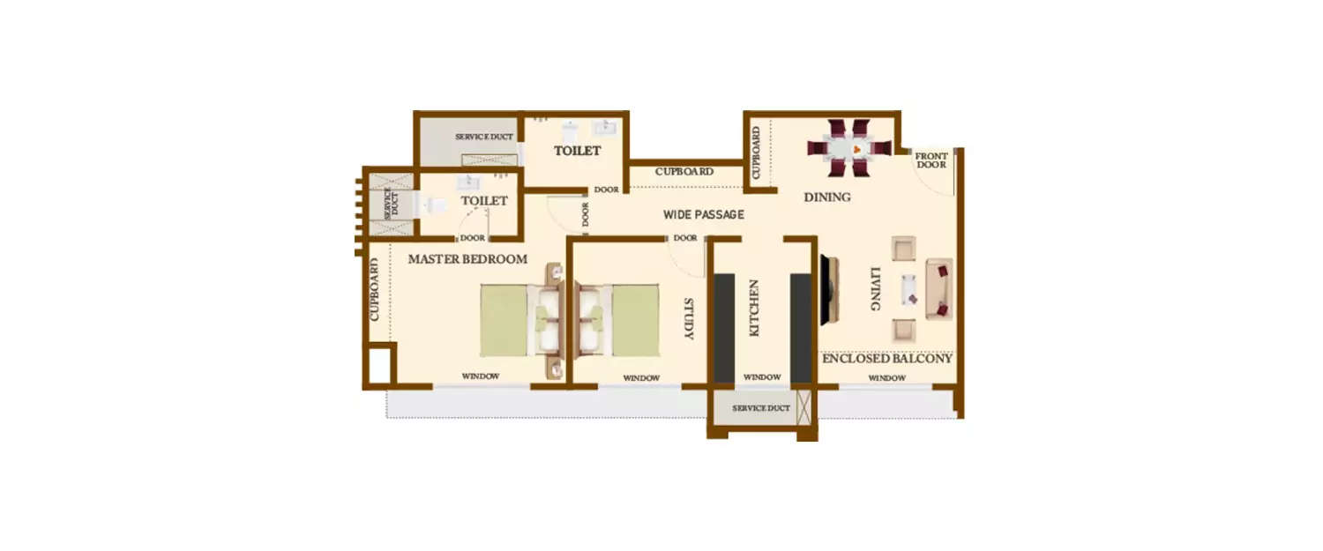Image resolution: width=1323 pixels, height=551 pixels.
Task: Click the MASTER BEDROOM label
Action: [467, 259]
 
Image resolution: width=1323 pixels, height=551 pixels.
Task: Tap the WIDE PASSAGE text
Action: [704, 214]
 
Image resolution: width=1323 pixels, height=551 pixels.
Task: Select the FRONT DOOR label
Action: [932, 160]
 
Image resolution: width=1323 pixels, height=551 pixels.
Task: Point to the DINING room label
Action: [827, 197]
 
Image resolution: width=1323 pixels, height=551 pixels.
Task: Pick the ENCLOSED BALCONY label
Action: [886, 359]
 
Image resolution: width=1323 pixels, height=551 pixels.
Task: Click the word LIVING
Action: [875, 289]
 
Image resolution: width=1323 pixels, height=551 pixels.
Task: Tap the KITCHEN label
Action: [754, 309]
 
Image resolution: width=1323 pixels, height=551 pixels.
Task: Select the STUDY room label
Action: [689, 319]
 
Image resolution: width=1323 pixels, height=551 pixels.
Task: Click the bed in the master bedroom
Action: [505, 320]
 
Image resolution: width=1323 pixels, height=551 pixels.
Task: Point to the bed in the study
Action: [635, 320]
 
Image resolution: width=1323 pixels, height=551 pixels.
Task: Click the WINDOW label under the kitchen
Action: [762, 377]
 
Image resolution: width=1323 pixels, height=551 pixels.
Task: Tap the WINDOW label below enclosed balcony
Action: [886, 378]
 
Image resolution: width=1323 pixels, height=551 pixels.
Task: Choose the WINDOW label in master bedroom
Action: [481, 376]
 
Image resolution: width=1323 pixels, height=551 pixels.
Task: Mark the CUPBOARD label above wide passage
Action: [684, 171]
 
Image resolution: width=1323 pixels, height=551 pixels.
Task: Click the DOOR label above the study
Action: [685, 238]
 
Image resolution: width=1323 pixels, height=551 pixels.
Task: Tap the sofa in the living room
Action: [939, 289]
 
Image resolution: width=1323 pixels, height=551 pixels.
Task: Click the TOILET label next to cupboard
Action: [577, 151]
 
